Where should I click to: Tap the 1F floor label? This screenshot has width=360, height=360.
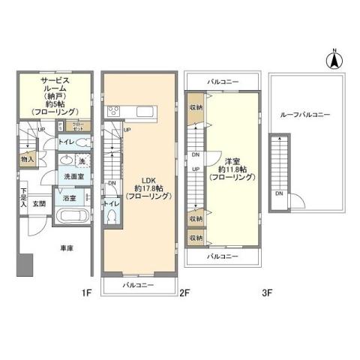point(87,295)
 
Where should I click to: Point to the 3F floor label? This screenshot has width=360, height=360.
point(265,295)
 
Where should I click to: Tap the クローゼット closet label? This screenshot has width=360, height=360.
point(79,127)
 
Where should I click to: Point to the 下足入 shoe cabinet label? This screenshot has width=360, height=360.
point(23,198)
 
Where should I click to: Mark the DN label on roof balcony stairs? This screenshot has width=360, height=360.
point(279,193)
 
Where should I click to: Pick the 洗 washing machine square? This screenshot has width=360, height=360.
point(82,160)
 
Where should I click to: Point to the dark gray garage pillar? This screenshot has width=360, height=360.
point(25,264)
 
